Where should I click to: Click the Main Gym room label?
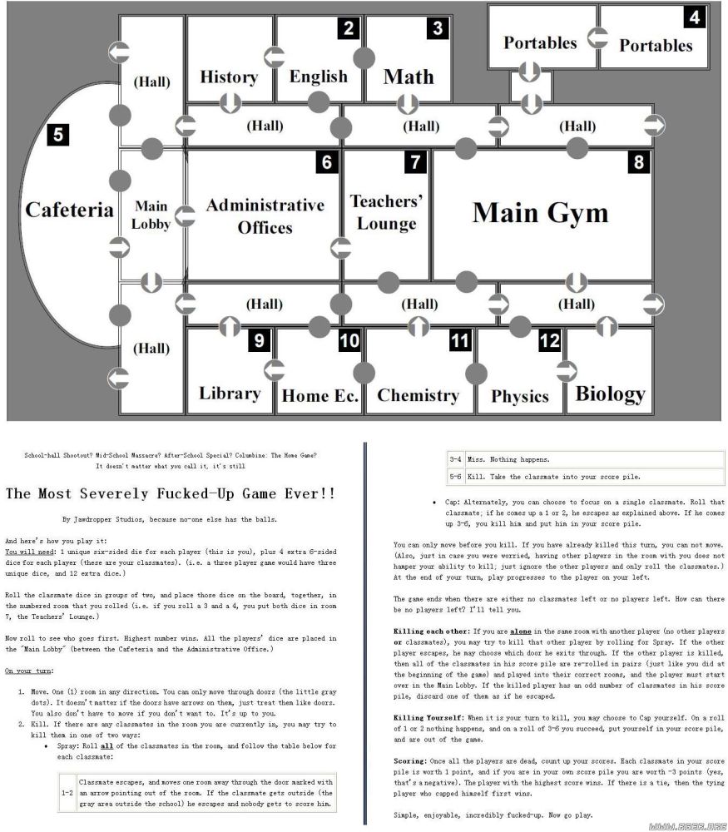pos(540,213)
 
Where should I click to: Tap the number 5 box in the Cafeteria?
pos(58,134)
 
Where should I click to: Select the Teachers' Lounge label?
pos(386,212)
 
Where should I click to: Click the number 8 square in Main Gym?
pos(639,162)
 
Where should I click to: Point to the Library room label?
pos(230,394)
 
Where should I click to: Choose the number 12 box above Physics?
pos(549,340)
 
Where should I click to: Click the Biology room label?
pos(610,394)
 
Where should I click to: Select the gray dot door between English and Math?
pos(364,58)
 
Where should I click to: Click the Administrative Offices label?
pos(265,216)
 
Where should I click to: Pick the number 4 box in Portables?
pos(695,17)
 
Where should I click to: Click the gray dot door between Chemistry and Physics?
pos(476,374)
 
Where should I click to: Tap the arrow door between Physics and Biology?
pos(566,371)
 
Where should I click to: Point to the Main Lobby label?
pos(151,215)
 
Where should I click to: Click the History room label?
pos(230,77)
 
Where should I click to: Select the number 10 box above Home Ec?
pos(349,340)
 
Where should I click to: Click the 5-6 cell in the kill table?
pos(455,477)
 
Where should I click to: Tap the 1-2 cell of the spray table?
pos(67,793)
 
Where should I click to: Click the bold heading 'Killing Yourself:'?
pos(428,717)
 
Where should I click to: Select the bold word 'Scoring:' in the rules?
pos(410,761)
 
